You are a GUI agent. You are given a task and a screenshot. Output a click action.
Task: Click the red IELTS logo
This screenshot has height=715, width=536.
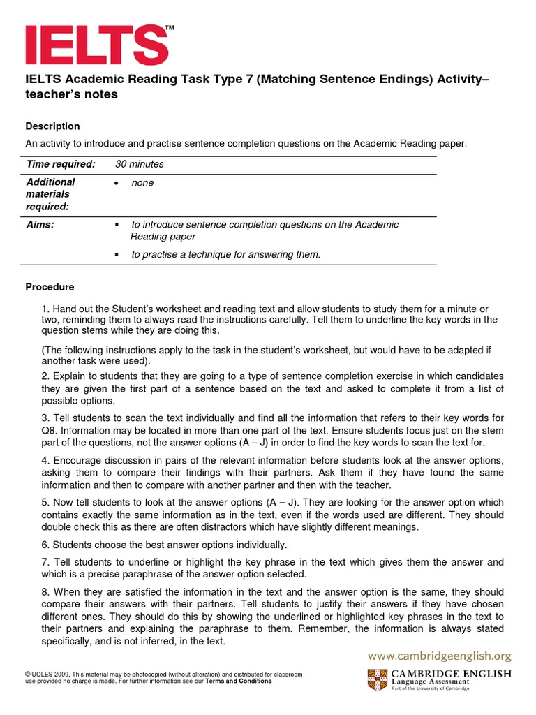[96, 45]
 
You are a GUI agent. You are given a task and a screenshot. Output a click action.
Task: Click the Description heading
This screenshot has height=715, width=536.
[52, 126]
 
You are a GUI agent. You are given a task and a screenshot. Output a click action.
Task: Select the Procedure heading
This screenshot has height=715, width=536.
[50, 287]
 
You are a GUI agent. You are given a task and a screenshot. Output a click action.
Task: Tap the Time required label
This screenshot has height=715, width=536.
[60, 164]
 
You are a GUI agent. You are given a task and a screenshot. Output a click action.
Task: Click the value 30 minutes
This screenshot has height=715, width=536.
[140, 164]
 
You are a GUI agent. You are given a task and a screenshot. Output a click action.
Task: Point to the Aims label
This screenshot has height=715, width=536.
[40, 225]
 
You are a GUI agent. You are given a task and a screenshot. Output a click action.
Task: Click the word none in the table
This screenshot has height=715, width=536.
[142, 183]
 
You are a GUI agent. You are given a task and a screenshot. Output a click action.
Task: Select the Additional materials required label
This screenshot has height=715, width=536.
[50, 195]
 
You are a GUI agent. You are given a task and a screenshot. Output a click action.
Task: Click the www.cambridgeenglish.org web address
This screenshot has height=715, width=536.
[440, 656]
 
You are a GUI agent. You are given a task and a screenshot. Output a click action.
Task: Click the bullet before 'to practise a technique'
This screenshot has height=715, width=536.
[117, 255]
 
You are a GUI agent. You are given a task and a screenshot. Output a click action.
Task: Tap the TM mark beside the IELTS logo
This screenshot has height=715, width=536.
[170, 27]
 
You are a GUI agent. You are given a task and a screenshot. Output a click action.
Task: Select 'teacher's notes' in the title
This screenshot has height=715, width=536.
[72, 95]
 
